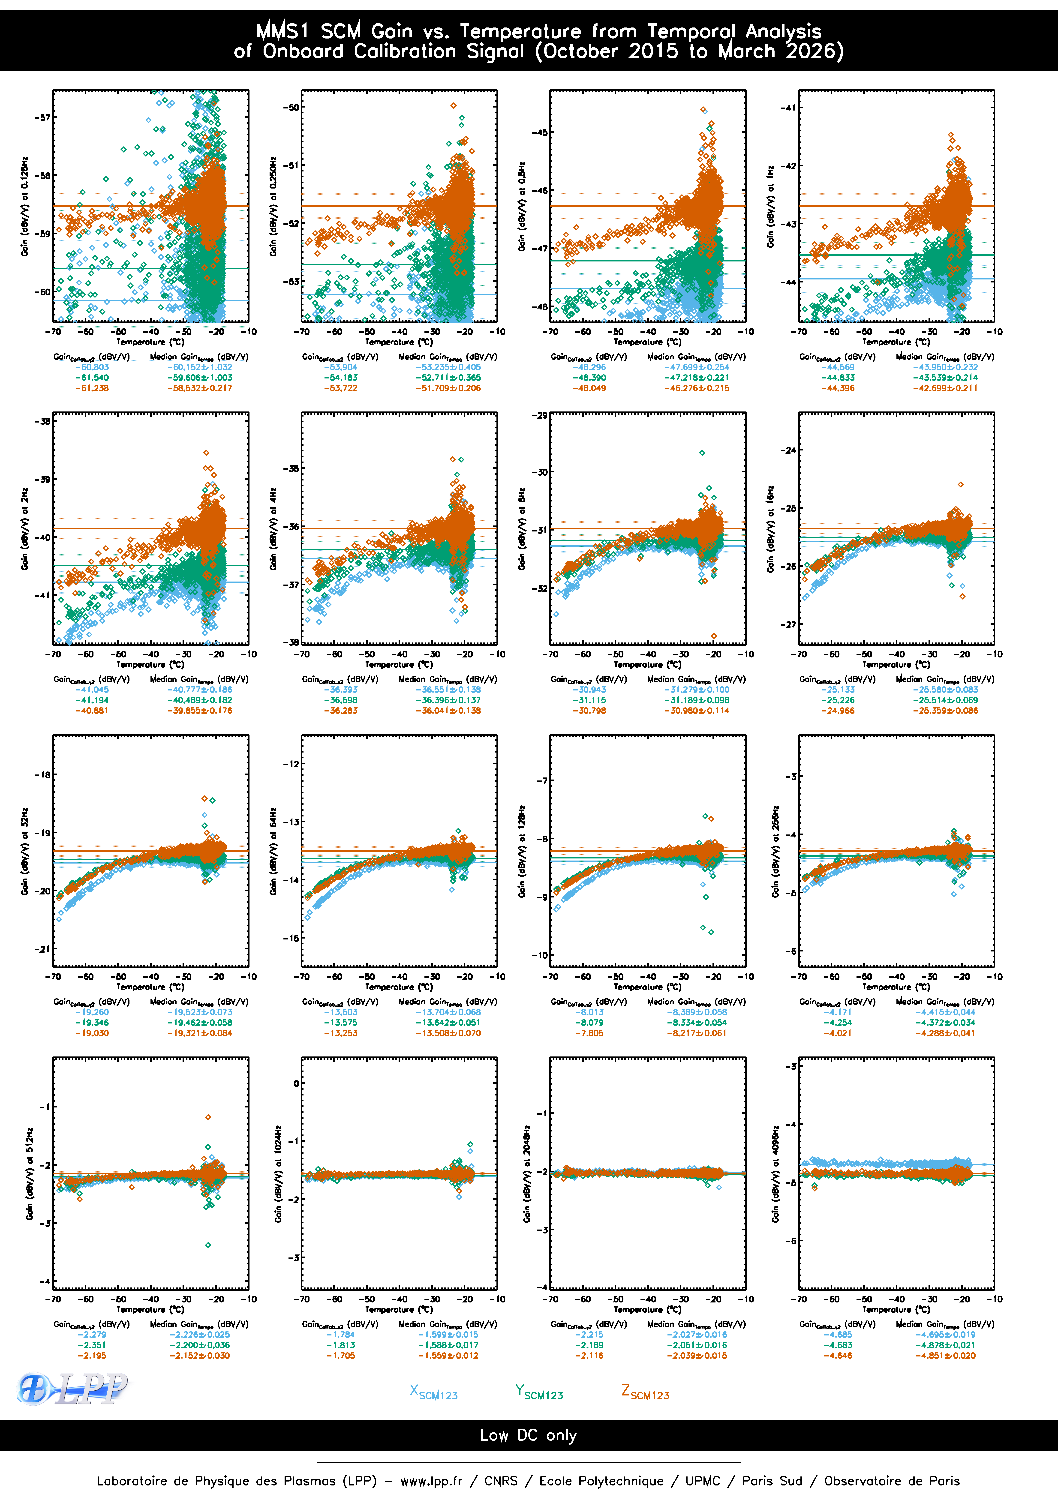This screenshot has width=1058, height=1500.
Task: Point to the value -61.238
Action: pyautogui.click(x=91, y=388)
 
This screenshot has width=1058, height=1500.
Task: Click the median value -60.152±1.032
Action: pyautogui.click(x=199, y=367)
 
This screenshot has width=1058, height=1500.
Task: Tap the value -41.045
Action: pyautogui.click(x=91, y=689)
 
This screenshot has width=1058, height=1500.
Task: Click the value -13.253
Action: pyautogui.click(x=340, y=1033)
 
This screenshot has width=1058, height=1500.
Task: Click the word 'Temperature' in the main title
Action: pyautogui.click(x=520, y=31)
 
